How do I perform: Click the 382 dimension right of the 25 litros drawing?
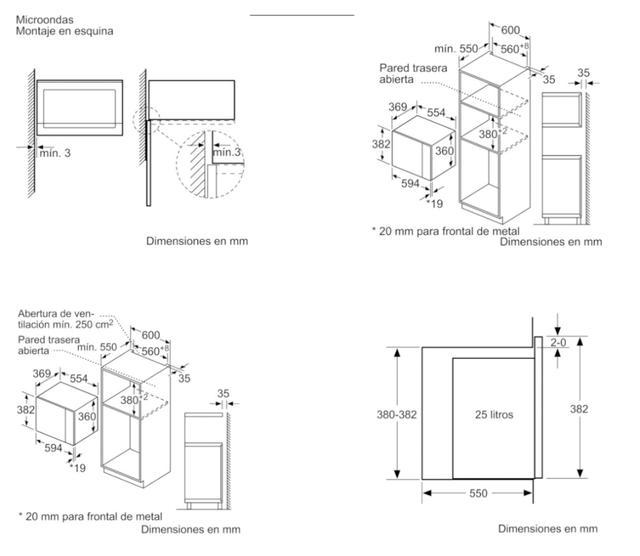click(580, 409)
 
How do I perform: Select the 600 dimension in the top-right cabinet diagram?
click(510, 30)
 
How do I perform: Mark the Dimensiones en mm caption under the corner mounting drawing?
click(197, 241)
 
